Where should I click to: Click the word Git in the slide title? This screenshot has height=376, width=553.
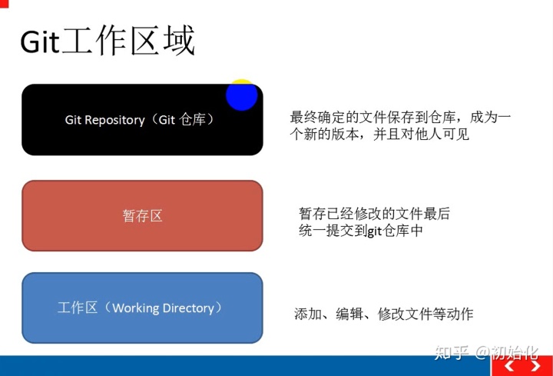[40, 42]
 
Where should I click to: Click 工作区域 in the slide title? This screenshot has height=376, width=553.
[128, 40]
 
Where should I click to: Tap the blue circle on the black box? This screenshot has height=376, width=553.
[242, 95]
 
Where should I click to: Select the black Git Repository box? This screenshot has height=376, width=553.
[143, 120]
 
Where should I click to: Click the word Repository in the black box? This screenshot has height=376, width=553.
[114, 121]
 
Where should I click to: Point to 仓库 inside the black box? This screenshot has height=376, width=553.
[192, 120]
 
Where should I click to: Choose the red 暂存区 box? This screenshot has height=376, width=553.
[143, 216]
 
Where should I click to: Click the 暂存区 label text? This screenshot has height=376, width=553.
[143, 216]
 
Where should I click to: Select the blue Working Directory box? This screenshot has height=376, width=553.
[143, 308]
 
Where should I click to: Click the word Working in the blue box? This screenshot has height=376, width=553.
[136, 308]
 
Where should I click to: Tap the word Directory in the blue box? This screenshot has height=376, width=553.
[188, 308]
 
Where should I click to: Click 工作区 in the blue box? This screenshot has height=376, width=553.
[78, 308]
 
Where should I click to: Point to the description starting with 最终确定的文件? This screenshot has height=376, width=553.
[400, 125]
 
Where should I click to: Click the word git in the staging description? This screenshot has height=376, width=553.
[375, 231]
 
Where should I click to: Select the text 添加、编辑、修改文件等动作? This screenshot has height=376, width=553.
[384, 314]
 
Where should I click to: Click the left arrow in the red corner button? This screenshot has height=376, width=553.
[509, 366]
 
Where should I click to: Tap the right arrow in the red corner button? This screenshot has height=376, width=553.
[536, 366]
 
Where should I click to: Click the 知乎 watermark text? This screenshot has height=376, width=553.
[452, 352]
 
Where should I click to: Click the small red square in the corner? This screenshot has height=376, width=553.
[4, 4]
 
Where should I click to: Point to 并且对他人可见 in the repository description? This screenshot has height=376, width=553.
[421, 135]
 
